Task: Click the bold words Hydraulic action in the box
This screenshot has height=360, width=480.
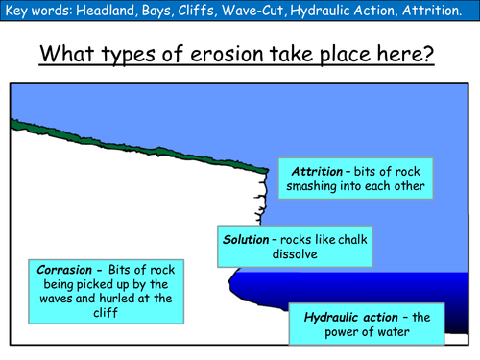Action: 350,317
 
